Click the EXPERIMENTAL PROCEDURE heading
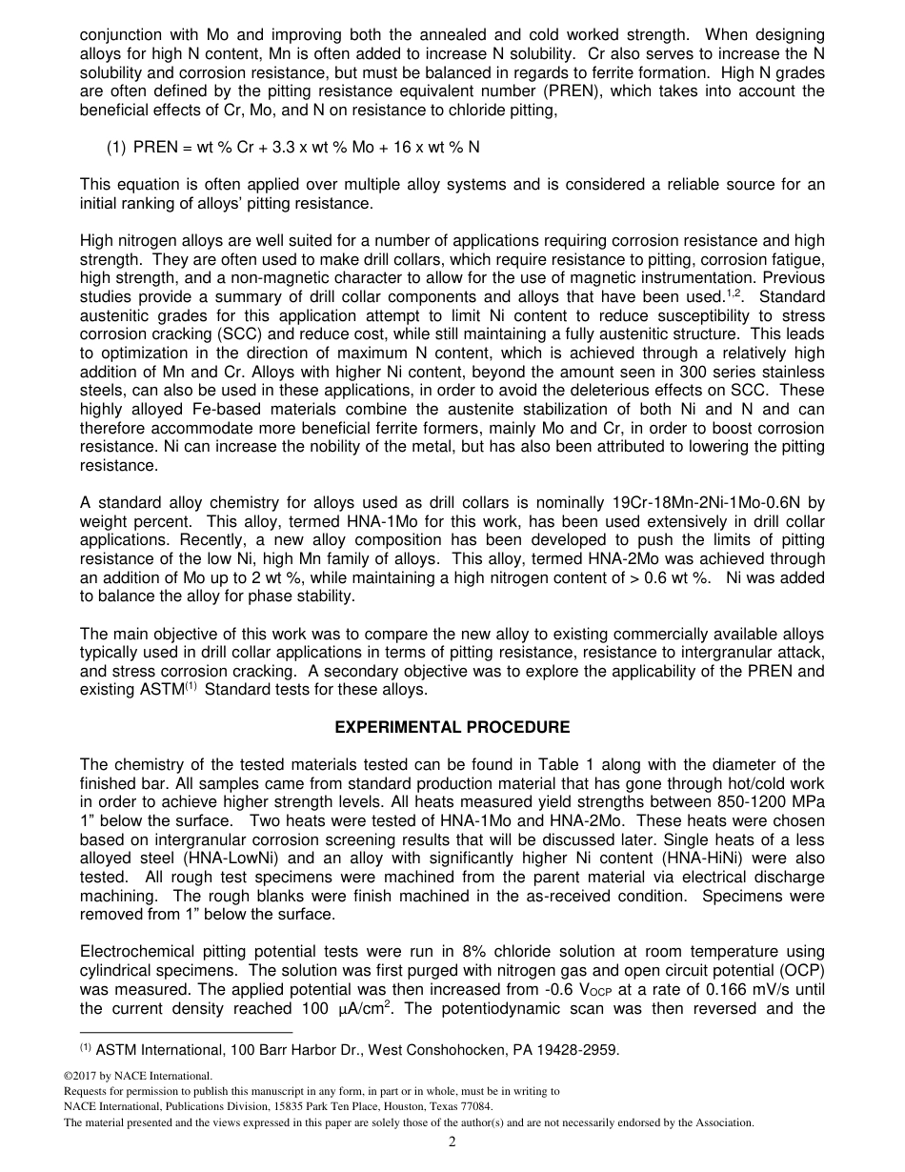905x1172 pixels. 452,728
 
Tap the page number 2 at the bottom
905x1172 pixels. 452,1142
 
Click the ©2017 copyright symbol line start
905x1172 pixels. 68,1077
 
